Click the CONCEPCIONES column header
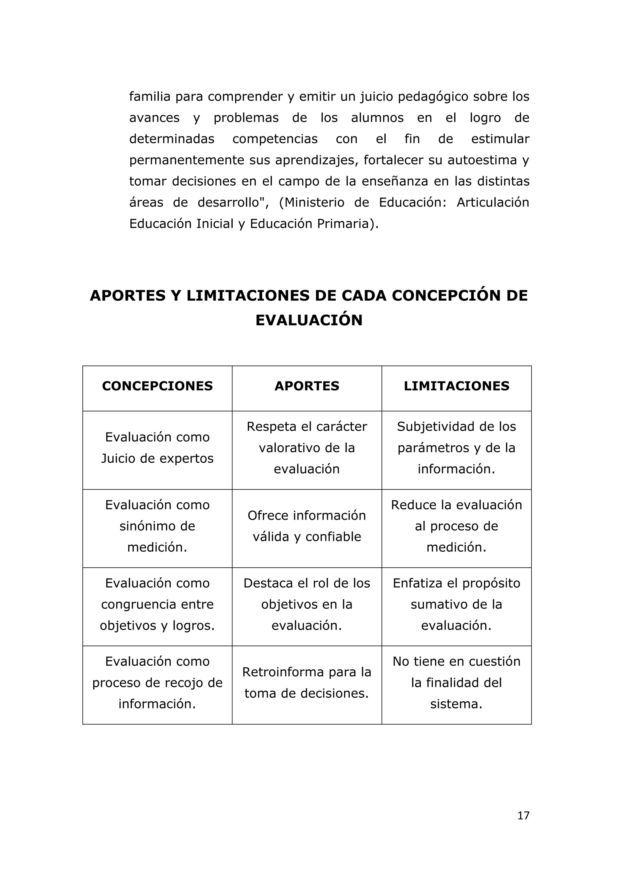click(x=157, y=386)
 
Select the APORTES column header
click(x=307, y=386)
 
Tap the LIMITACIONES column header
click(x=456, y=386)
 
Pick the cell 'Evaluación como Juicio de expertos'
click(x=157, y=448)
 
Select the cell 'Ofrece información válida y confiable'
click(x=307, y=526)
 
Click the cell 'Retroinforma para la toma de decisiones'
click(x=307, y=683)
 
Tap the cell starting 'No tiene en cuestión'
click(x=456, y=683)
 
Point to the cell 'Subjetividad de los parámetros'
click(x=456, y=448)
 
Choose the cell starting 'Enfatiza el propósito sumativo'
click(x=456, y=604)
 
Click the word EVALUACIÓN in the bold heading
click(x=309, y=320)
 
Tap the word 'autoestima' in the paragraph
click(x=482, y=160)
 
